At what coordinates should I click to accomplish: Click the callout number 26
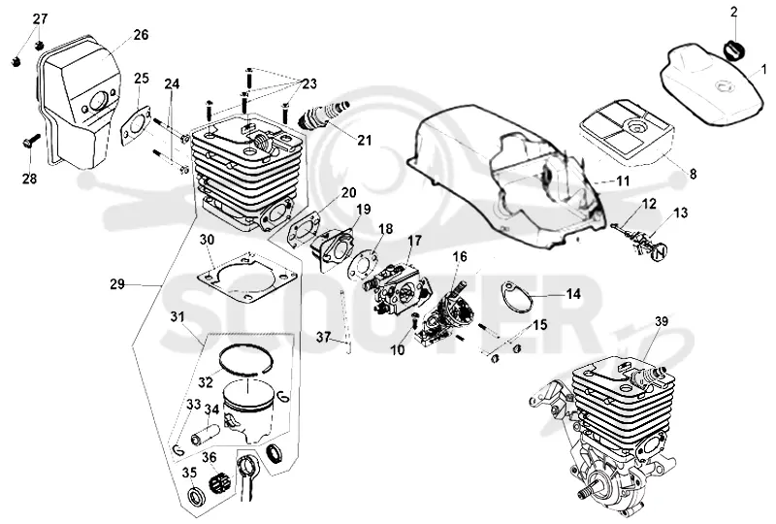pyautogui.click(x=141, y=35)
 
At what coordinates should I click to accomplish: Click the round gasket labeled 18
pyautogui.click(x=364, y=265)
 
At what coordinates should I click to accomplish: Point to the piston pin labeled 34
pyautogui.click(x=205, y=429)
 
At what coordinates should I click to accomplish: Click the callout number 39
pyautogui.click(x=662, y=321)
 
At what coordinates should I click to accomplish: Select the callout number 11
pyautogui.click(x=623, y=180)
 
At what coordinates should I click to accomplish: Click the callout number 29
pyautogui.click(x=117, y=284)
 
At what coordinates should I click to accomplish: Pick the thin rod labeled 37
pyautogui.click(x=345, y=321)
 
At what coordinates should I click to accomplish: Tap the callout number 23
pyautogui.click(x=309, y=83)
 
